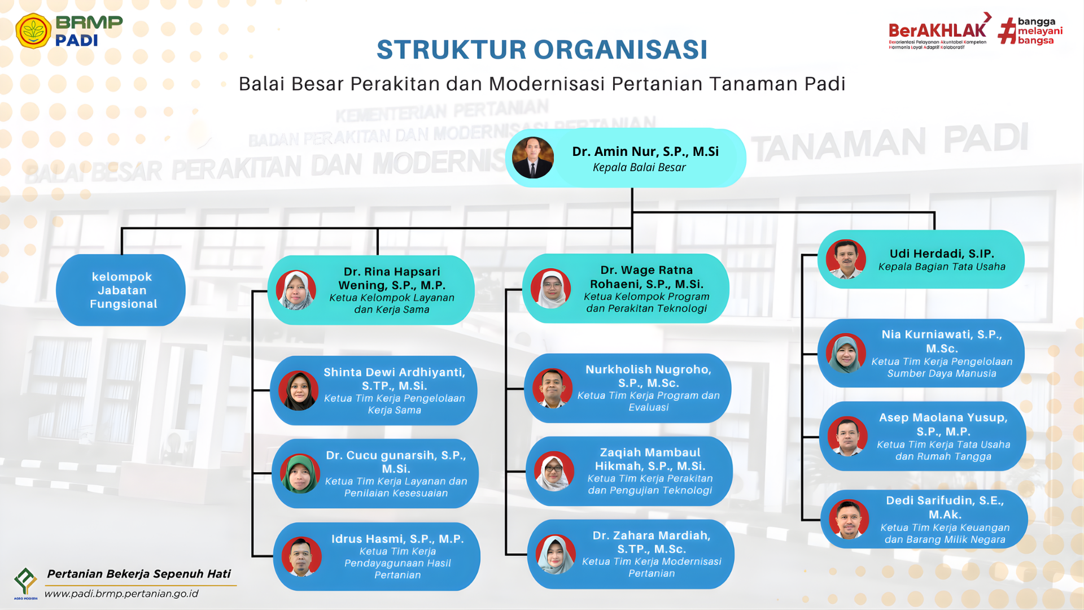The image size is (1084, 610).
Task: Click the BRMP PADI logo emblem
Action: pyautogui.click(x=33, y=30)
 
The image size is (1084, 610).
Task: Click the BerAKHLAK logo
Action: pyautogui.click(x=938, y=31)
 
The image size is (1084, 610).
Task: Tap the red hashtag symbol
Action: pyautogui.click(x=1007, y=30)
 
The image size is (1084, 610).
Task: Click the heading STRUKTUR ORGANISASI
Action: pyautogui.click(x=541, y=50)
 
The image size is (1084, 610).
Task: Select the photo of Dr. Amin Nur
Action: pyautogui.click(x=532, y=158)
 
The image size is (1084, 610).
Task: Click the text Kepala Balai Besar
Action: pyautogui.click(x=639, y=167)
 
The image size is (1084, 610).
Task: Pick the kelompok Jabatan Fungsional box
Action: pyautogui.click(x=121, y=290)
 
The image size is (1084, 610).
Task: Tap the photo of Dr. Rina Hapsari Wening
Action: pyautogui.click(x=296, y=290)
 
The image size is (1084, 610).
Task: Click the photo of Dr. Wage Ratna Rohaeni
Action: pyautogui.click(x=551, y=288)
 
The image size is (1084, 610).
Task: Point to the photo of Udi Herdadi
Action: pyautogui.click(x=846, y=259)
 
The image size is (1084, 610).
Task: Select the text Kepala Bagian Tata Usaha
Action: pyautogui.click(x=942, y=267)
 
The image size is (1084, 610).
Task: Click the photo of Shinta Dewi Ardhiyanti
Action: pyautogui.click(x=298, y=390)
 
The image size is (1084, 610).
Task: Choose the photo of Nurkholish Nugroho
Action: pyautogui.click(x=552, y=388)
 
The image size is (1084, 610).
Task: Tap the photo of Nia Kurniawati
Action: pyautogui.click(x=846, y=354)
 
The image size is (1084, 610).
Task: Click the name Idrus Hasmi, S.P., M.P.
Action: pyautogui.click(x=397, y=539)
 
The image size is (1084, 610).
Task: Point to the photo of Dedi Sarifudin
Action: pyautogui.click(x=849, y=519)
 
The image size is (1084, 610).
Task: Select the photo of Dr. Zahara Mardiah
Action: pyautogui.click(x=556, y=554)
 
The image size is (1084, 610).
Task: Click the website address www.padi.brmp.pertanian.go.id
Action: pyautogui.click(x=121, y=594)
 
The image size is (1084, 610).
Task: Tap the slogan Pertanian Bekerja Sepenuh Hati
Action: pyautogui.click(x=139, y=574)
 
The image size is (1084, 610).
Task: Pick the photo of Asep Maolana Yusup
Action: pyautogui.click(x=847, y=436)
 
